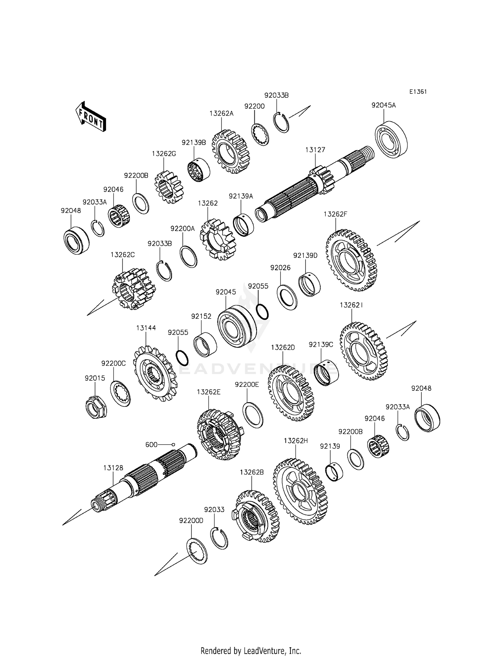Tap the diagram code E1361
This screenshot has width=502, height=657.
(418, 92)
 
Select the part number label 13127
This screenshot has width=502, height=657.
(315, 150)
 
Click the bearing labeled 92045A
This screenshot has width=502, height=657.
(391, 139)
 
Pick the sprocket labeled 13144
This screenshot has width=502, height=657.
(155, 374)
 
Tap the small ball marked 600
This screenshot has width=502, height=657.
(173, 444)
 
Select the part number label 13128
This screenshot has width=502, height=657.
(113, 468)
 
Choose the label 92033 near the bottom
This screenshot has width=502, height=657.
(214, 509)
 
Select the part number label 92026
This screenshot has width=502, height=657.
(280, 268)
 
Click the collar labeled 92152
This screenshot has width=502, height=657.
(205, 345)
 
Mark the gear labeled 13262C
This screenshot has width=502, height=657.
(134, 288)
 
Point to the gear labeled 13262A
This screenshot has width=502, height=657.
(231, 151)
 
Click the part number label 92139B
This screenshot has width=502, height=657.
(194, 142)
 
